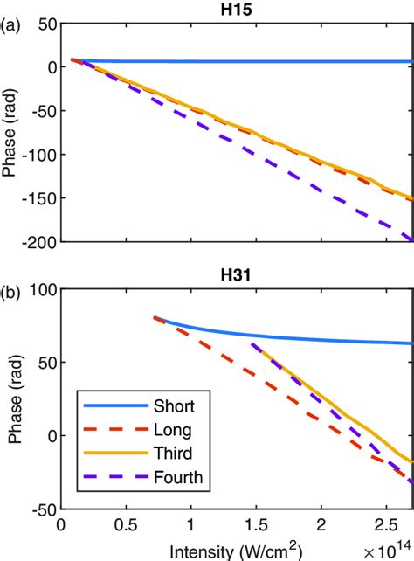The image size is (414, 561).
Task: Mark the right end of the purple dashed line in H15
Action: tap(411, 238)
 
